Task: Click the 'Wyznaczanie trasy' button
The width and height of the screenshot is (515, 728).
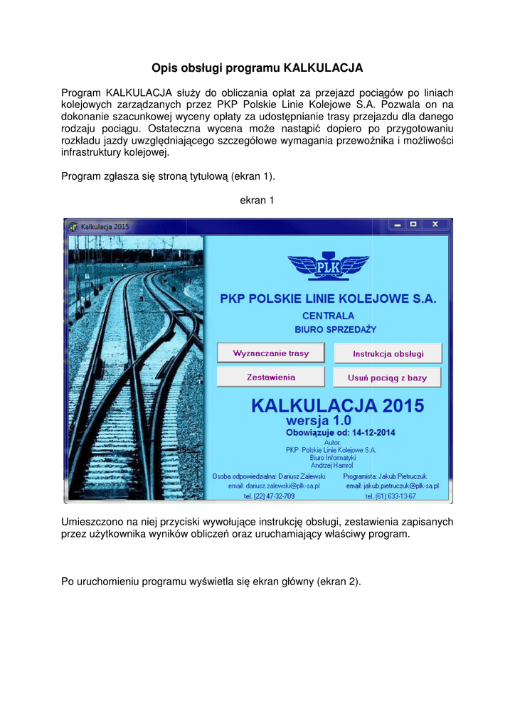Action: point(270,353)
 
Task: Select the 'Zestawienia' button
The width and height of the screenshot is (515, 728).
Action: point(270,377)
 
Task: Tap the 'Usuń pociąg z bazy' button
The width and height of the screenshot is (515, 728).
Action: point(388,378)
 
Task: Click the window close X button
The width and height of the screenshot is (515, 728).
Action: point(436,225)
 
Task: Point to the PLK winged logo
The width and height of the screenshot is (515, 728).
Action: point(328,267)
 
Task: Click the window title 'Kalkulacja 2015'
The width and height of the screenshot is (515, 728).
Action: point(105,226)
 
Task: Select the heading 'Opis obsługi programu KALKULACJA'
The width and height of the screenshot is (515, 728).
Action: point(257,68)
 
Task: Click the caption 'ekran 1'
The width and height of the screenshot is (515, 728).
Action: point(257,200)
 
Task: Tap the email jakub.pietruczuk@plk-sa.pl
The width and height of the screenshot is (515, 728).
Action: point(392,486)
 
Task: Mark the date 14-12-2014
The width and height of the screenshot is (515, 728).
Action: point(371,432)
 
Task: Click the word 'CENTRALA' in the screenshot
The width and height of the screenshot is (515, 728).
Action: point(328,316)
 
